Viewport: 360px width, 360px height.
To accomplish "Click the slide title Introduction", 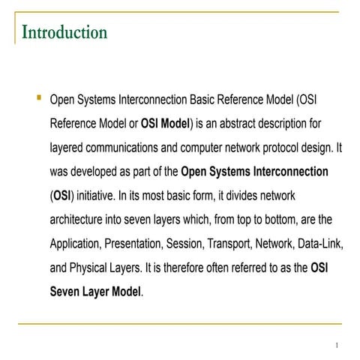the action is coord(64,32).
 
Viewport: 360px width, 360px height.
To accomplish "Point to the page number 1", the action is coord(337,345).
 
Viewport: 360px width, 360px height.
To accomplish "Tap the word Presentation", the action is coord(143,244).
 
